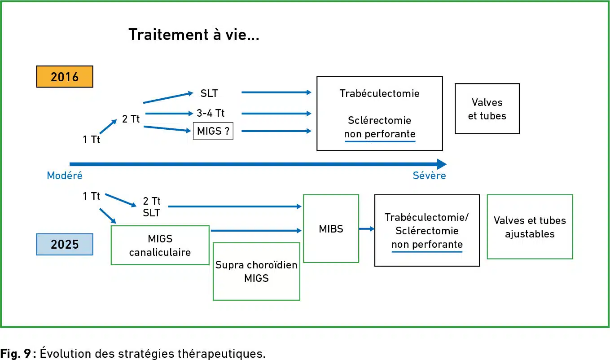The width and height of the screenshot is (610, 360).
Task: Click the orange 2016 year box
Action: (65, 76)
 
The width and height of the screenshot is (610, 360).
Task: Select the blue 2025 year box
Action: (65, 244)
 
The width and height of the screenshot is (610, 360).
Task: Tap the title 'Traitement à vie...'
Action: (194, 35)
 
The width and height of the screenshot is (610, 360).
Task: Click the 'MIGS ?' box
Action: (213, 131)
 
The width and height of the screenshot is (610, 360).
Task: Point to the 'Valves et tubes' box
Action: (487, 109)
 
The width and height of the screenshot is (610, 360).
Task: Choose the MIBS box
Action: (331, 228)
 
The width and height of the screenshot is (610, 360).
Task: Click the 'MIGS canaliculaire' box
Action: (160, 245)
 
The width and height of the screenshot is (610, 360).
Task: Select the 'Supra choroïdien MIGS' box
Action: (257, 272)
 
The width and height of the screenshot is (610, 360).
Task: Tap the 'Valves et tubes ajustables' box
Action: (530, 227)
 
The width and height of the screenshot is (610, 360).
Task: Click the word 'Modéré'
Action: (65, 176)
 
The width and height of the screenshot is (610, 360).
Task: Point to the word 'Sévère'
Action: (430, 176)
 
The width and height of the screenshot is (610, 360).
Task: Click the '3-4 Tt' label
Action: (211, 113)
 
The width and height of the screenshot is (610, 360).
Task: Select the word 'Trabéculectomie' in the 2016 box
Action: (380, 93)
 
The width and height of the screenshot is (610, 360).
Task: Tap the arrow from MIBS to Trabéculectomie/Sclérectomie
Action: (367, 229)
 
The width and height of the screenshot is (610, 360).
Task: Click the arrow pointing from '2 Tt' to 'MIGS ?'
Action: (167, 129)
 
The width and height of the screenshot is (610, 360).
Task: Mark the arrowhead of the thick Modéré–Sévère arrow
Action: (442, 164)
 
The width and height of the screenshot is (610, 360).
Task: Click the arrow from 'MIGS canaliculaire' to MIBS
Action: (256, 231)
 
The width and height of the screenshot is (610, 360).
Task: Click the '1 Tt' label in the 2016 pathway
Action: (92, 140)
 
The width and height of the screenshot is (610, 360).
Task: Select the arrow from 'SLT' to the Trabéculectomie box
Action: (276, 92)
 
